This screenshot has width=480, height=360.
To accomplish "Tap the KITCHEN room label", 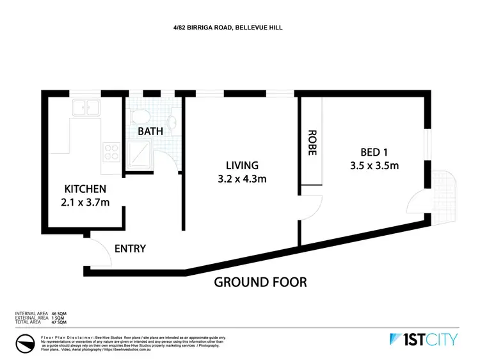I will [x=85, y=190].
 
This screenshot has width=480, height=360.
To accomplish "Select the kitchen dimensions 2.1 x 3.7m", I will [x=85, y=204].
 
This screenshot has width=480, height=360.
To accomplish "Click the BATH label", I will [x=150, y=131].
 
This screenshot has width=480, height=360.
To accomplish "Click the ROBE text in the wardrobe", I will [x=312, y=143].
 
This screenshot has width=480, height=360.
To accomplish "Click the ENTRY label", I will [x=130, y=249].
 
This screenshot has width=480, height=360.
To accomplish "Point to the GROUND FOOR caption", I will [x=260, y=281].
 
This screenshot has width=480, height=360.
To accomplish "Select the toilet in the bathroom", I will [x=139, y=116].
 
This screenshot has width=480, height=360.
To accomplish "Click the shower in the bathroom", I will [x=140, y=154].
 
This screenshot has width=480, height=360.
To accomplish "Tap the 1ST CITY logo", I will [x=423, y=340].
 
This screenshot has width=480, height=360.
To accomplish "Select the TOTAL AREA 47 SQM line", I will [x=40, y=321].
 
